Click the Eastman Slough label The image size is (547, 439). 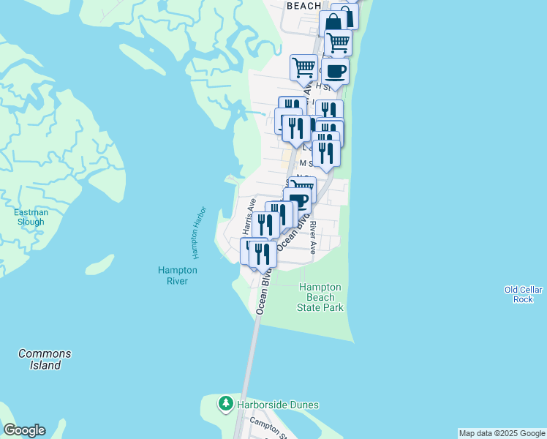point(31,217)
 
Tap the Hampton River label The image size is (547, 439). point(177,275)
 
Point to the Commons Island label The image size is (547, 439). point(45,359)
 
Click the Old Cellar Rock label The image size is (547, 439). point(524,294)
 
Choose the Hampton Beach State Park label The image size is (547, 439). point(320,297)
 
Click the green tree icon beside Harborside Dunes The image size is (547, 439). point(226,404)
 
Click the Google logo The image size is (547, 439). point(24,430)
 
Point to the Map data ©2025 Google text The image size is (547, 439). point(502,433)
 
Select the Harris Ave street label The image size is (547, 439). point(248,217)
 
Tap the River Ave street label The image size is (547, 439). point(312,237)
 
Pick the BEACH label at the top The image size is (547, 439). point(303,6)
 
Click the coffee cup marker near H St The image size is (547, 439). point(335,72)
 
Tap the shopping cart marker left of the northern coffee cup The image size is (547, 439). point(303,67)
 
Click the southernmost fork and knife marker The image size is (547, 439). point(263,254)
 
